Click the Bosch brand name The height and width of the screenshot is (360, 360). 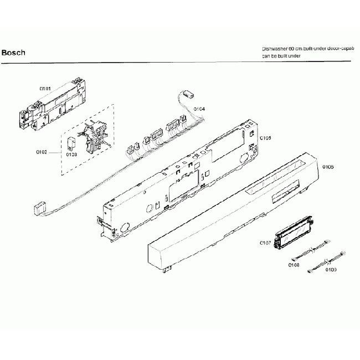[13, 53]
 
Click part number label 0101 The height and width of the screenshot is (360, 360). [45, 88]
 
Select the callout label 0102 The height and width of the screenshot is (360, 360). [42, 151]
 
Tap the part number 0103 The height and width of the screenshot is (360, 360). [71, 155]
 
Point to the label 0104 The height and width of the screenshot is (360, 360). [199, 109]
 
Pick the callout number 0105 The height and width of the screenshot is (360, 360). [265, 138]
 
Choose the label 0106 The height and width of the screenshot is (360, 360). [328, 166]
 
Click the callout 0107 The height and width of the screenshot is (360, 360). [265, 243]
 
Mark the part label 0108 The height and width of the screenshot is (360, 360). [294, 265]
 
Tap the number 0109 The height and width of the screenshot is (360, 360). [331, 270]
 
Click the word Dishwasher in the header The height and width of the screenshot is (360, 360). [275, 49]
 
